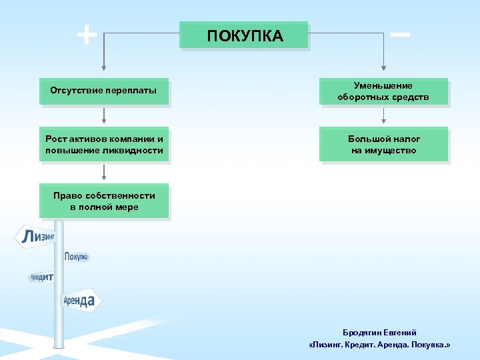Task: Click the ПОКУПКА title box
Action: tap(244, 35)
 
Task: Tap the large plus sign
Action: tap(86, 34)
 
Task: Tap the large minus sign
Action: tap(400, 33)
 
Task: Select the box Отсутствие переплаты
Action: tap(103, 91)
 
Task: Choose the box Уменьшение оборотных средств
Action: tap(383, 91)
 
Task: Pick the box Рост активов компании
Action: tap(103, 144)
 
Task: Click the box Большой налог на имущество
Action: tap(383, 144)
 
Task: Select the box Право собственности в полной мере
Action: tap(103, 201)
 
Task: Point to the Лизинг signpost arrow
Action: tap(37, 237)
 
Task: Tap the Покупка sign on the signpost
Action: tap(76, 257)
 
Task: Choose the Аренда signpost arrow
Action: tap(80, 301)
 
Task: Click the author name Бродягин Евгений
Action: tap(379, 332)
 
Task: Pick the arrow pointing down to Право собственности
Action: tap(103, 173)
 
